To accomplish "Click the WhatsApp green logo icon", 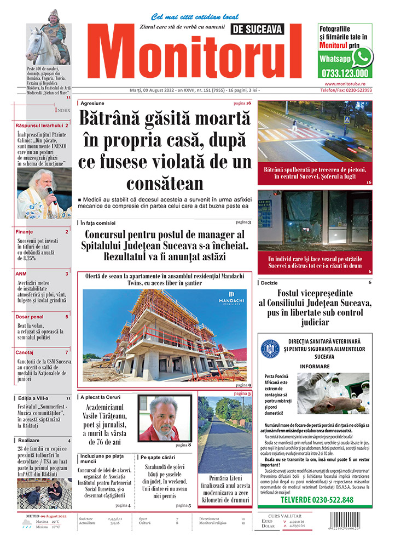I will [362, 57].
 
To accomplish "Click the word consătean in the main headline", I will [165, 182].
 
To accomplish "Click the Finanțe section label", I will [25, 232].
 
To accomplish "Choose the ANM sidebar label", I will [21, 273].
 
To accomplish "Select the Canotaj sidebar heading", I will [25, 352].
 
